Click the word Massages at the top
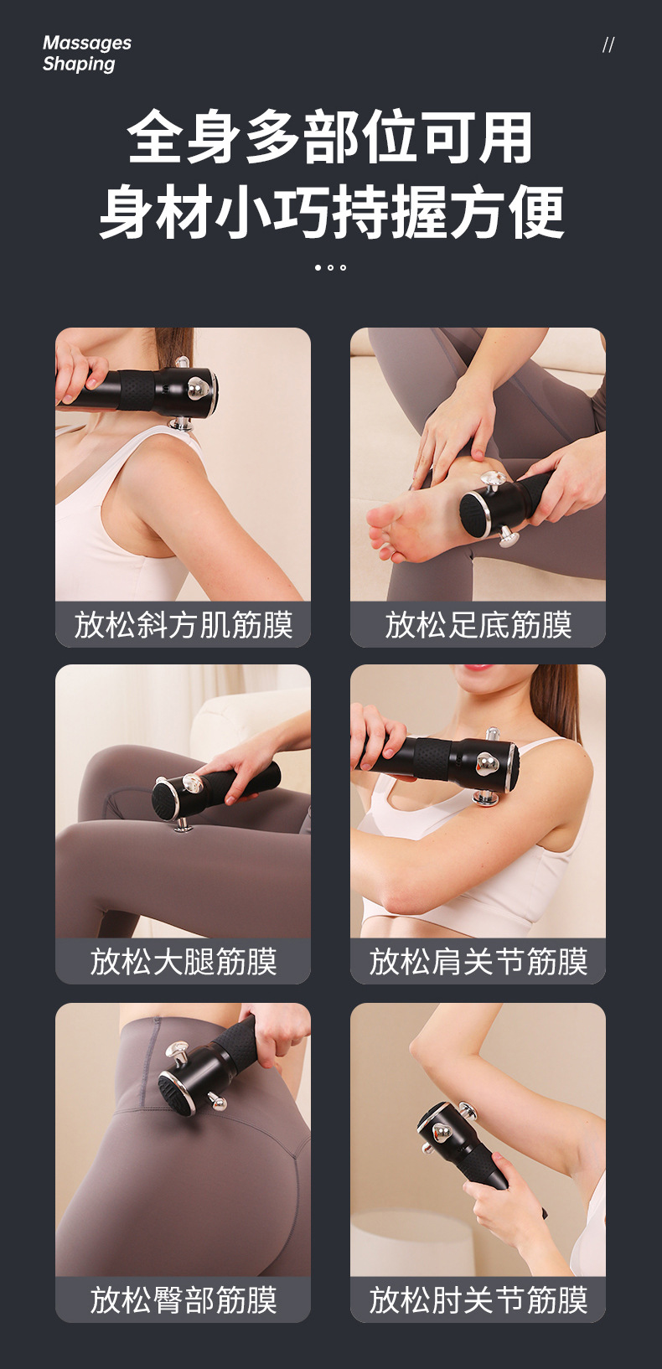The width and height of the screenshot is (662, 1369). [87, 43]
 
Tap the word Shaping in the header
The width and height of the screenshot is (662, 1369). [79, 64]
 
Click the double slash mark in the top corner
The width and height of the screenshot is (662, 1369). [608, 45]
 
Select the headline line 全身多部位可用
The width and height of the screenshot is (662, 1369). [330, 138]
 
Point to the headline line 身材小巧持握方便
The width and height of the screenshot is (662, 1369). [330, 212]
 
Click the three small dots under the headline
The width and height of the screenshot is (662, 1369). [330, 267]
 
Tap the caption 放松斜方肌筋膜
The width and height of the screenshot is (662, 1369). [183, 625]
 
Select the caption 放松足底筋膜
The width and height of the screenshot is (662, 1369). [478, 625]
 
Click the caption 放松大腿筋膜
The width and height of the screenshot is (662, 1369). [183, 962]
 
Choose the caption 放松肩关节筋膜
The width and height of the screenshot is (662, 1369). [478, 962]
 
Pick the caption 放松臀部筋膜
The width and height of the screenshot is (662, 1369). [183, 1300]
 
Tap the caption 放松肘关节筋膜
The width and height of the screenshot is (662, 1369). [478, 1300]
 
